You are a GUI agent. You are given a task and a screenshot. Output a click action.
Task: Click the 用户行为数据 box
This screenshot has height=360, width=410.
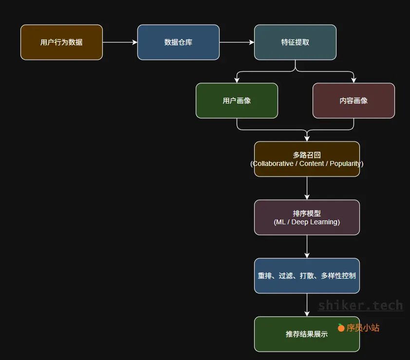61,42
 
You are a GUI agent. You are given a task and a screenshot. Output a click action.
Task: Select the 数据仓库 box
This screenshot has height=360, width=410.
178,42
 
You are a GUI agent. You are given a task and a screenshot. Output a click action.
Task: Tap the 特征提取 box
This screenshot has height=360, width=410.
295,42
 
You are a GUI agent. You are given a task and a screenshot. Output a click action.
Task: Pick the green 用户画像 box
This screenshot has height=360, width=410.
237,101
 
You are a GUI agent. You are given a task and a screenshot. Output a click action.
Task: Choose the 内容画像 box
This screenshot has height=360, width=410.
354,101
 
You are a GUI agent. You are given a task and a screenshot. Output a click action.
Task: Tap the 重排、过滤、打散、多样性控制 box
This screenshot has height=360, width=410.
307,276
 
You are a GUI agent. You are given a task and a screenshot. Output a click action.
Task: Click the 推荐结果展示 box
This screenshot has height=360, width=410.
307,334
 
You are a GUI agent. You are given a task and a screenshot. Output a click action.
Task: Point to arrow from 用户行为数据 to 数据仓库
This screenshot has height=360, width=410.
120,42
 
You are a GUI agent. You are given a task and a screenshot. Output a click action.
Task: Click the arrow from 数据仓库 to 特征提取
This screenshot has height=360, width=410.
237,42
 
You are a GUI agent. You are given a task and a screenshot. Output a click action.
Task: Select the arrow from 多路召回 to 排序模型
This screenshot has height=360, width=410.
307,188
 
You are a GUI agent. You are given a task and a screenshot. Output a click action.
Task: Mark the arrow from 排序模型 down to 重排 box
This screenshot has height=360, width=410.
307,246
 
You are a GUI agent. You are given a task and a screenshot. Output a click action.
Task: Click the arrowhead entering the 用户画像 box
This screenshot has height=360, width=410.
237,80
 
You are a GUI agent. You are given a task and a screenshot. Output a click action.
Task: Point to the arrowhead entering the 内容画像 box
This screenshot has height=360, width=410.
354,80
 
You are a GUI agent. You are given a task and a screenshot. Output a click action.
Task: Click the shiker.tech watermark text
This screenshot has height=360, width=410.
360,306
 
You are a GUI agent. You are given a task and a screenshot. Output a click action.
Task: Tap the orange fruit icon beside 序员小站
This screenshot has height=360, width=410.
341,327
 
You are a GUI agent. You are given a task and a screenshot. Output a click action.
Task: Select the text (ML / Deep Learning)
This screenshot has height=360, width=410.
307,222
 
